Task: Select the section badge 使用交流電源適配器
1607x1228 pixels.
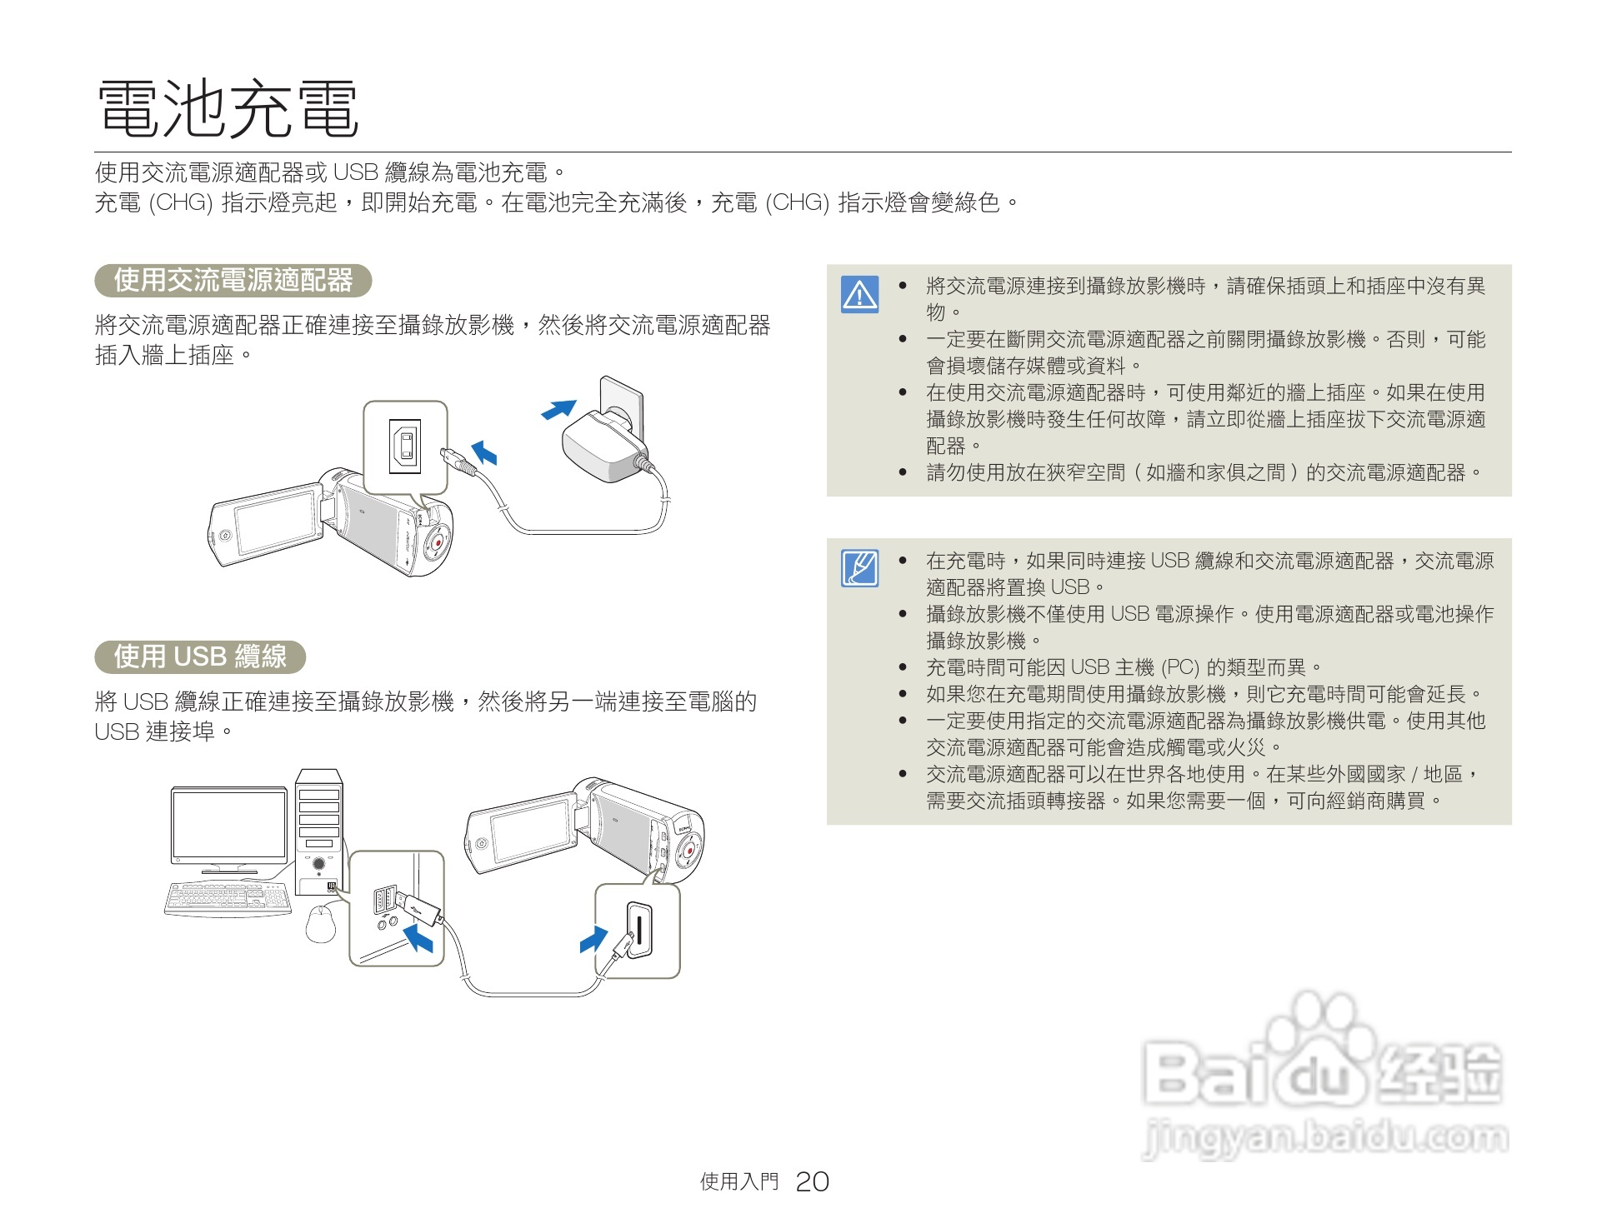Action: (233, 280)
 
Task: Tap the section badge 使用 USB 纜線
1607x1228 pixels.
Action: (200, 656)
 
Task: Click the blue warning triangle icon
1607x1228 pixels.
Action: (859, 294)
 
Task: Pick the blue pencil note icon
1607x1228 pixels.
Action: (859, 568)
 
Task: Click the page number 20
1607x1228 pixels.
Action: (812, 1181)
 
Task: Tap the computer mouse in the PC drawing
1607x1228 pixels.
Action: (321, 923)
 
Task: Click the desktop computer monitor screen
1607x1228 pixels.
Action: (228, 824)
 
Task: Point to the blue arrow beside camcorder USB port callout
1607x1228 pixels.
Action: (593, 939)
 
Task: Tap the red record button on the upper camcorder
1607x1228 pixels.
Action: (436, 542)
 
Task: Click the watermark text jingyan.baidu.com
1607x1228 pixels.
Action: (1324, 1138)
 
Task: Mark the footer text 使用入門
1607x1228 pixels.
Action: (738, 1181)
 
